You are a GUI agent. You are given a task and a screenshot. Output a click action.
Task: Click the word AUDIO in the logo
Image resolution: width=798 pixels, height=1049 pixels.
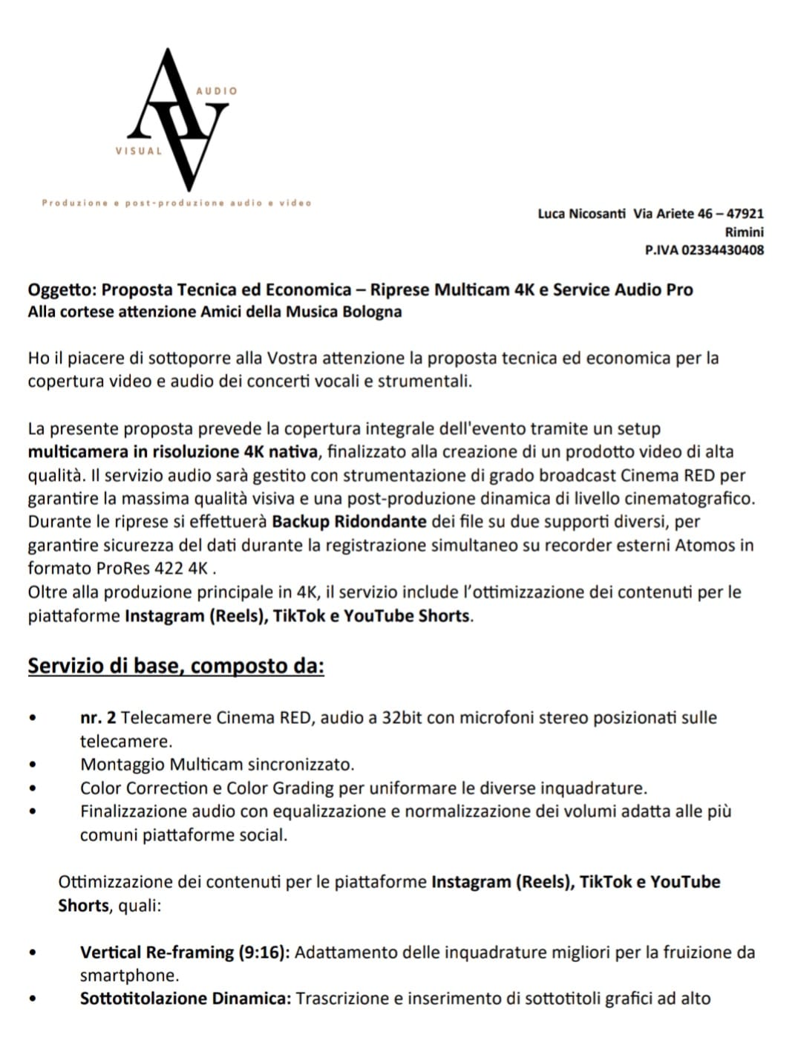[216, 91]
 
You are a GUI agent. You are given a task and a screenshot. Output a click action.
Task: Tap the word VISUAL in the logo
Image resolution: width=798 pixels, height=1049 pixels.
[138, 151]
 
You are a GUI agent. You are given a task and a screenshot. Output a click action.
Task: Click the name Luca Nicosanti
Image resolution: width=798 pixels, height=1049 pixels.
[581, 214]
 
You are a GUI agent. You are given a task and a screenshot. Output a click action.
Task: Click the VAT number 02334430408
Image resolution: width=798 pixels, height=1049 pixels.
[722, 250]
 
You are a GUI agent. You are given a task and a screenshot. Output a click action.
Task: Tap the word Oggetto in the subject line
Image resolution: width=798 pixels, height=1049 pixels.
[61, 290]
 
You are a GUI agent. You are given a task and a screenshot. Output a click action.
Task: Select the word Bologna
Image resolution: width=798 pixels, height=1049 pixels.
[372, 312]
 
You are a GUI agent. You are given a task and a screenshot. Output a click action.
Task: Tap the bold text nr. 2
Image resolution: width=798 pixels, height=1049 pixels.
[98, 718]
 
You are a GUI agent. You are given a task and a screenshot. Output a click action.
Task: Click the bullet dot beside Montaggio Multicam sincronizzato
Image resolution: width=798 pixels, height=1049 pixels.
[32, 765]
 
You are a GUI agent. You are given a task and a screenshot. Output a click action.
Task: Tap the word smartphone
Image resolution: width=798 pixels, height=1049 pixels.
[129, 976]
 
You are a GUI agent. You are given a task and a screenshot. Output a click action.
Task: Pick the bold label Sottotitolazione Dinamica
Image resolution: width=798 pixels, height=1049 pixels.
[185, 999]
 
